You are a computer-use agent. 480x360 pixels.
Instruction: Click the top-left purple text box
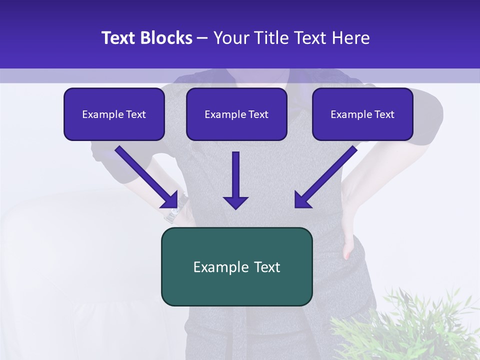[x=114, y=114]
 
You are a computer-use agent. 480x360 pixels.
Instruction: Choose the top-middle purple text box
[x=236, y=114]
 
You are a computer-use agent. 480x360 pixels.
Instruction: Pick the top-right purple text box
[x=362, y=114]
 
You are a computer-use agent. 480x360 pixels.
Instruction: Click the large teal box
[x=236, y=266]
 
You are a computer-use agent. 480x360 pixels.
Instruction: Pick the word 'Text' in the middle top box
[x=258, y=114]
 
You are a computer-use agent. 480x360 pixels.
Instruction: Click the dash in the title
[x=202, y=38]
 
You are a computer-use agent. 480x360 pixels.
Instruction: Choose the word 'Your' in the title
[x=230, y=38]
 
